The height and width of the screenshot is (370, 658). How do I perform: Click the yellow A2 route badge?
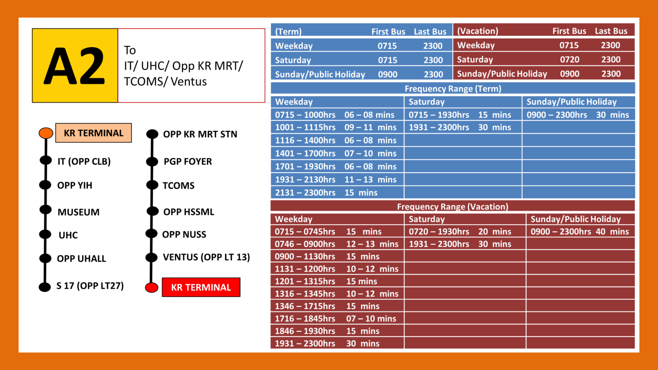75,66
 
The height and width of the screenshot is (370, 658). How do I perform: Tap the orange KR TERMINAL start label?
93,133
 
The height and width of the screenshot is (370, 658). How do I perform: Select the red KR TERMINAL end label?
201,287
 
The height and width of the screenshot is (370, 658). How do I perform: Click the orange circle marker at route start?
46,133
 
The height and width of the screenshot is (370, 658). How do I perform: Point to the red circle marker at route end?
152,287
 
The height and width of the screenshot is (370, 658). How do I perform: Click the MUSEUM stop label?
78,212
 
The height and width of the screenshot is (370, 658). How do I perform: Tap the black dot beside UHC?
45,234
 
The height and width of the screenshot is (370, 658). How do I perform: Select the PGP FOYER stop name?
188,161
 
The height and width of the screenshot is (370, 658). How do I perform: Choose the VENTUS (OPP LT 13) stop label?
206,257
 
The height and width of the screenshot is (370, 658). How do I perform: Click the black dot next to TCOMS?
152,185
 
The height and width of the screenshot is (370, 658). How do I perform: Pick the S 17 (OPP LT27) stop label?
90,286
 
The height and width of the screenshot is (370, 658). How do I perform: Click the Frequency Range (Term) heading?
453,89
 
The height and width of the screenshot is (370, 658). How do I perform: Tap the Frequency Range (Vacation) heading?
453,206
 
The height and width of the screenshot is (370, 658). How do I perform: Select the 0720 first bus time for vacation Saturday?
570,60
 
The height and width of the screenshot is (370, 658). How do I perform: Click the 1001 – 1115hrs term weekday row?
337,128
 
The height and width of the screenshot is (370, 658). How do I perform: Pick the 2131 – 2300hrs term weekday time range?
305,193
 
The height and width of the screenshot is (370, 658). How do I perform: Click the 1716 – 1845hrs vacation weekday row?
337,318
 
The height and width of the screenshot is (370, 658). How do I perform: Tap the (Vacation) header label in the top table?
478,31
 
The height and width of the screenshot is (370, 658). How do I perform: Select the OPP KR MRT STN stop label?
200,134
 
